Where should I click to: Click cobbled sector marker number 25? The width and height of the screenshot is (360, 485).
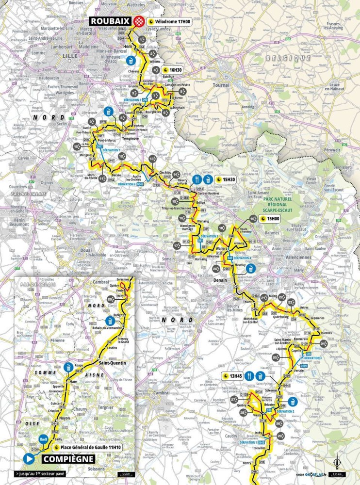pyautogui.click(x=276, y=357)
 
